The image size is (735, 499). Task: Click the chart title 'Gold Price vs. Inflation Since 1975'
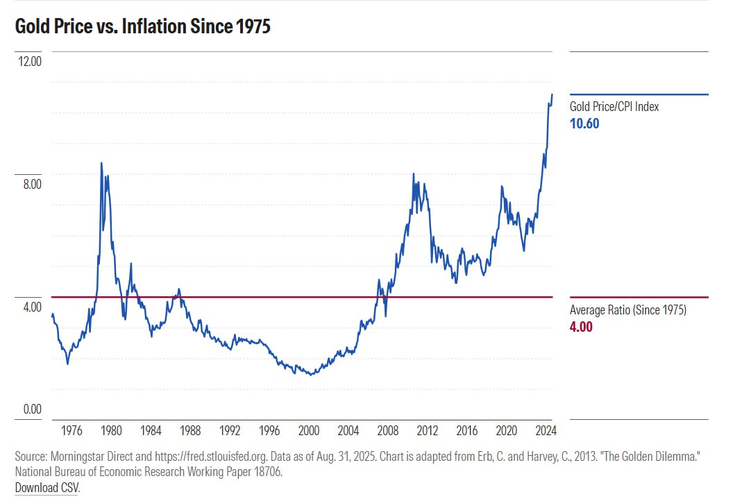pos(142,27)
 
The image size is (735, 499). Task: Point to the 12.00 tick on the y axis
pos(31,61)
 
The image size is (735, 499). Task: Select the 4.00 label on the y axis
pos(31,307)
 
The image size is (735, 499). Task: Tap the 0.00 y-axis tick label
pos(31,409)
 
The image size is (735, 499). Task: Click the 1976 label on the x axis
pos(72,431)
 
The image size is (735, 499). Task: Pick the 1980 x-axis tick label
pos(112,431)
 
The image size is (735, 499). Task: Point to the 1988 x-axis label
pos(191,431)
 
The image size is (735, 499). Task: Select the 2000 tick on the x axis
pos(309,431)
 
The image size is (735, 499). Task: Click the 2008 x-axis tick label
pos(388,431)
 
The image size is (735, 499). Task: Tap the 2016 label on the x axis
pos(467,431)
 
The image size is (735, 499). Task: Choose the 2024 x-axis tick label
pos(546,431)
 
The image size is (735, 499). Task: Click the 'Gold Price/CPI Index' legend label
pos(614,107)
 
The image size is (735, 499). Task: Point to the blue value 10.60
pos(584,124)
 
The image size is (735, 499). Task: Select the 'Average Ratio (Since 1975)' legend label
pos(628,310)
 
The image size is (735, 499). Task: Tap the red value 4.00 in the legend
pos(581,327)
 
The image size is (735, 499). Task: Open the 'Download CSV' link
pos(47,487)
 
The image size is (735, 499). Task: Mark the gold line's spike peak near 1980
pos(101,163)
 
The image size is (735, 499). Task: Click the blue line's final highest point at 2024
pos(552,94)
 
